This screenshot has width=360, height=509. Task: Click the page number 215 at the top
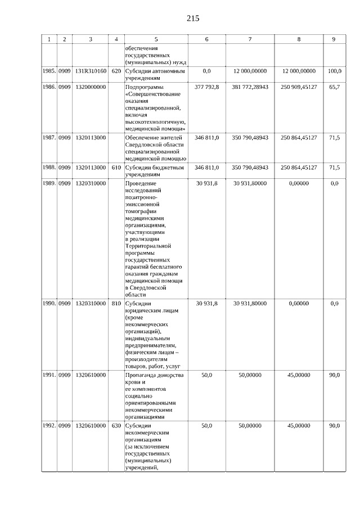click(x=192, y=19)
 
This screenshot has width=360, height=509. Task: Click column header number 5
click(x=156, y=39)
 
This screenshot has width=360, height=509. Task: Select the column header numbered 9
click(x=334, y=39)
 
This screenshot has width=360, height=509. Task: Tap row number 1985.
click(x=48, y=71)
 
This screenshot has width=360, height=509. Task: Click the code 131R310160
click(x=90, y=71)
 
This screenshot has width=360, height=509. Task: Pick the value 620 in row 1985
click(x=116, y=71)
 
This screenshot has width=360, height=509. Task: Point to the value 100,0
click(x=335, y=71)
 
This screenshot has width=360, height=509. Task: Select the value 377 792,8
click(x=207, y=87)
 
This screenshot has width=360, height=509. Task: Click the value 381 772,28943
click(x=250, y=87)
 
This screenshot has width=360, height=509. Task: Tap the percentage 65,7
click(x=335, y=87)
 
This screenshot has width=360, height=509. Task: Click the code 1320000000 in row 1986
click(x=90, y=87)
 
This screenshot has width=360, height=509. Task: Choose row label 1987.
click(x=48, y=137)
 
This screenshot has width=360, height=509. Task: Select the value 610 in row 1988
click(x=116, y=167)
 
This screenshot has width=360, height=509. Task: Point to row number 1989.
click(x=48, y=183)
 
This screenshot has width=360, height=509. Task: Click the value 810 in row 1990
click(x=116, y=303)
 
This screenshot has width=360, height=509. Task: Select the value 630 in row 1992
click(x=116, y=426)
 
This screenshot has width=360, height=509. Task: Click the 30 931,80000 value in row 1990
click(x=250, y=303)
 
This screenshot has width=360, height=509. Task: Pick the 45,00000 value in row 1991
click(x=299, y=375)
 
